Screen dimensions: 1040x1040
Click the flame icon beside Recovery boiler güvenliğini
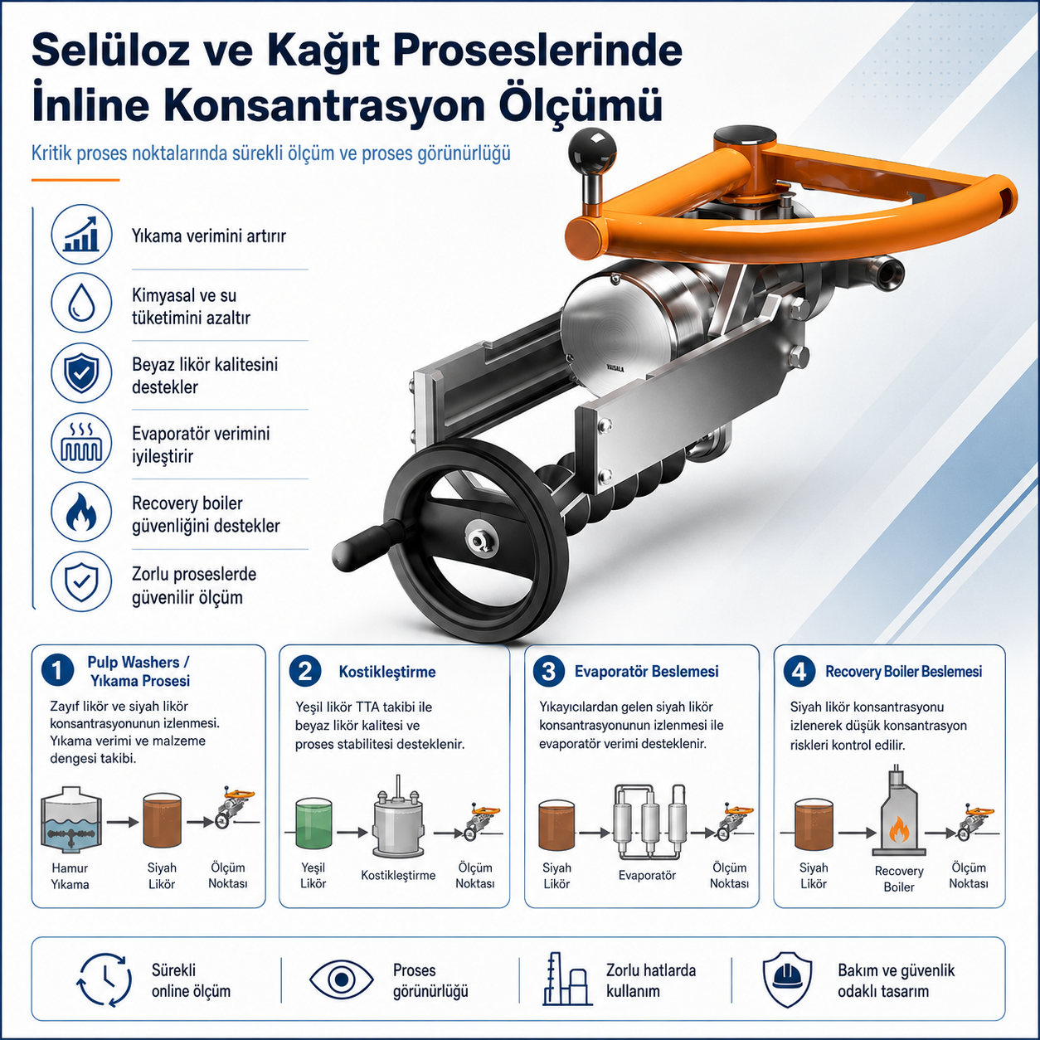[x=81, y=513]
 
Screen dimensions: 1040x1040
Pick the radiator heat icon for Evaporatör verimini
[x=81, y=443]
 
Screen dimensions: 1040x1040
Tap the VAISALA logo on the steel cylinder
[x=615, y=368]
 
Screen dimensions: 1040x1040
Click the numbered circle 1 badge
[x=57, y=671]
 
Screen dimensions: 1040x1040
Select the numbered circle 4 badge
[x=799, y=672]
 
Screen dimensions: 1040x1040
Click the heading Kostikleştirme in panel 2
[x=387, y=672]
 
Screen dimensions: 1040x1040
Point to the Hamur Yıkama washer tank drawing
[x=70, y=819]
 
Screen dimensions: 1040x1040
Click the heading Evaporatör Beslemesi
[x=647, y=672]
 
